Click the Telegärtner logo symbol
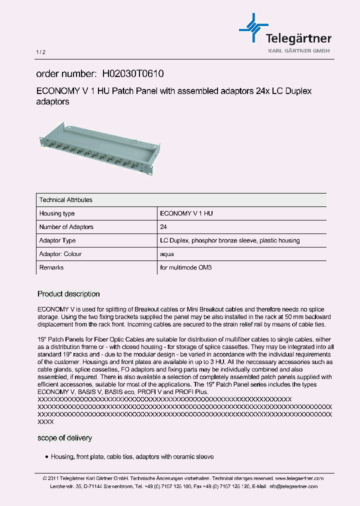254,28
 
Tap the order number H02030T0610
132,73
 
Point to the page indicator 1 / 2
40,52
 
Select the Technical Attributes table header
66,200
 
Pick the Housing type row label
57,213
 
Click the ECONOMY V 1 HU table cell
186,213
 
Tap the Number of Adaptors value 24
163,227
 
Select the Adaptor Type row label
57,240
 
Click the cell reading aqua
167,254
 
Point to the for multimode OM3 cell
185,267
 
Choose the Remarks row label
51,267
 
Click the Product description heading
68,294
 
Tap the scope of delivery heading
64,438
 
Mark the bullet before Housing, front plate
46,457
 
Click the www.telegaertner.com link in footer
299,478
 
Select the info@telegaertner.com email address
292,486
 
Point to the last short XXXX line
45,422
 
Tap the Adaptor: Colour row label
60,254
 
